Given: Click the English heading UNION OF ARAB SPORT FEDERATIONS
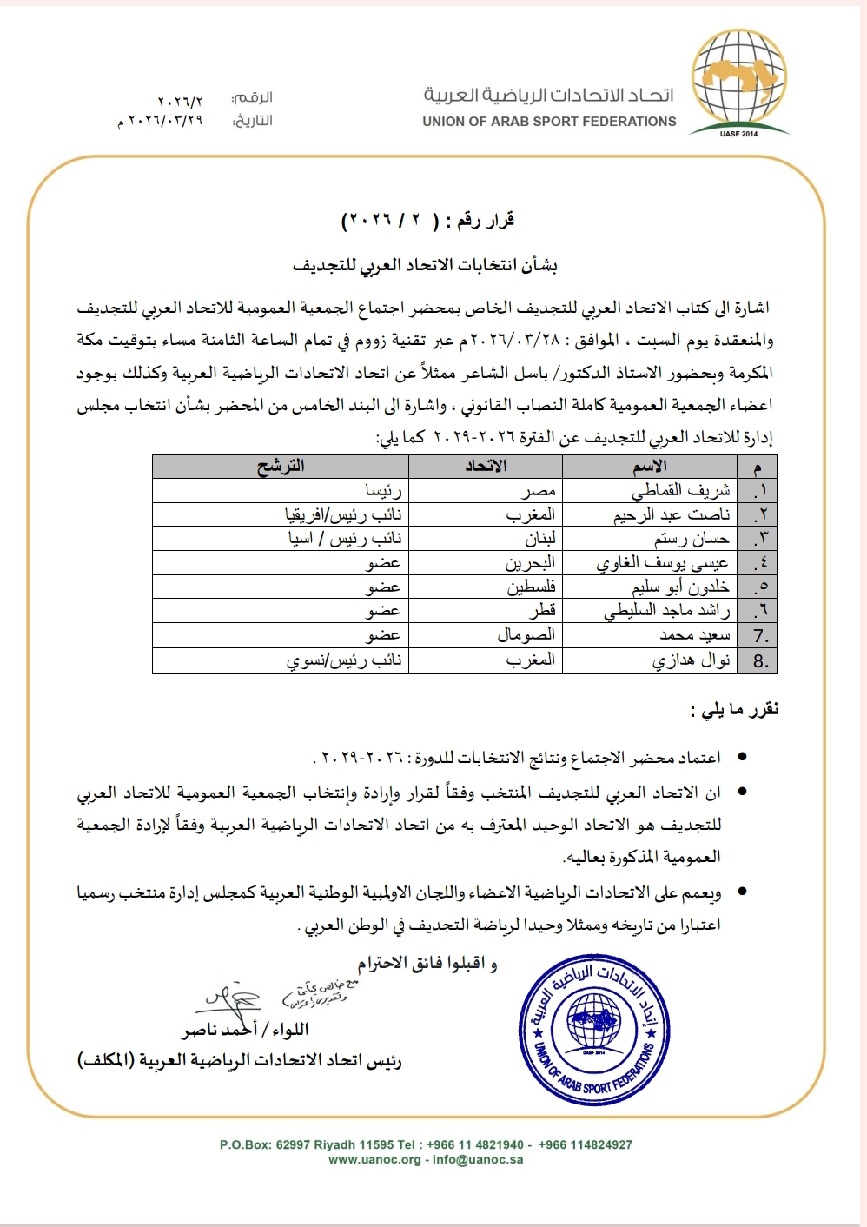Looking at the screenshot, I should [549, 122].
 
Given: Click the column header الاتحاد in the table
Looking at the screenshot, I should [486, 467].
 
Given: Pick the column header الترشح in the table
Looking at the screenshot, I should [280, 467].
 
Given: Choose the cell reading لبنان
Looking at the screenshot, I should [539, 539].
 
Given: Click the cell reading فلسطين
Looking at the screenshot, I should [531, 587].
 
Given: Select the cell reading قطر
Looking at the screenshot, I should [542, 611].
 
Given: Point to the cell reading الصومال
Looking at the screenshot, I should [526, 635].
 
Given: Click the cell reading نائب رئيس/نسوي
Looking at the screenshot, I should [344, 660].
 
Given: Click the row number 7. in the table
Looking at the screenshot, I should [760, 636].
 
